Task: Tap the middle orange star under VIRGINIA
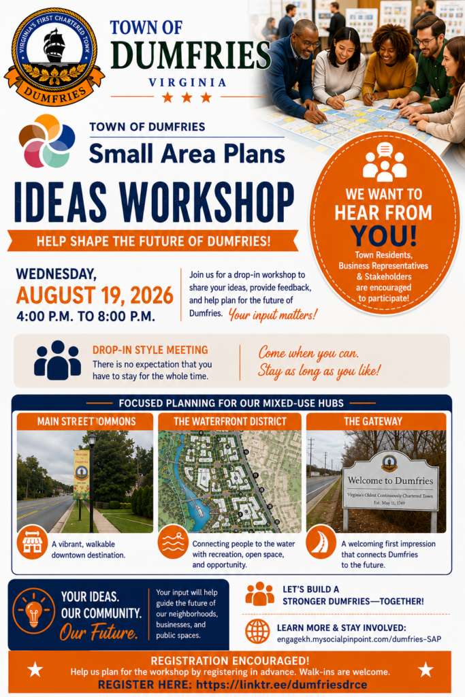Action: coord(187,97)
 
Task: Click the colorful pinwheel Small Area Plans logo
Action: coord(46,141)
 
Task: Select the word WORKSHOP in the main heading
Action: coord(206,201)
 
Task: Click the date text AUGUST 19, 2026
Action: coord(95,295)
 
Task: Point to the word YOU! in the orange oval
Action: coord(383,236)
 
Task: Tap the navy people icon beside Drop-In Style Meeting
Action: coord(57,360)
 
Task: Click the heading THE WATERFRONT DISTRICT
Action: coord(230,421)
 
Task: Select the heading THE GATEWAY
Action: coord(373,421)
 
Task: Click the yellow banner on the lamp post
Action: coord(81,474)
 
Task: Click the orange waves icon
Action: coord(173,542)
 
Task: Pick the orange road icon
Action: coord(321,542)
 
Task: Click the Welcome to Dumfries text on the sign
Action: coord(390,481)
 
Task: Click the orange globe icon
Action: coord(257,631)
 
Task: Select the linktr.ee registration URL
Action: coord(281,685)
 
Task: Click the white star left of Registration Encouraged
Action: coord(35,669)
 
